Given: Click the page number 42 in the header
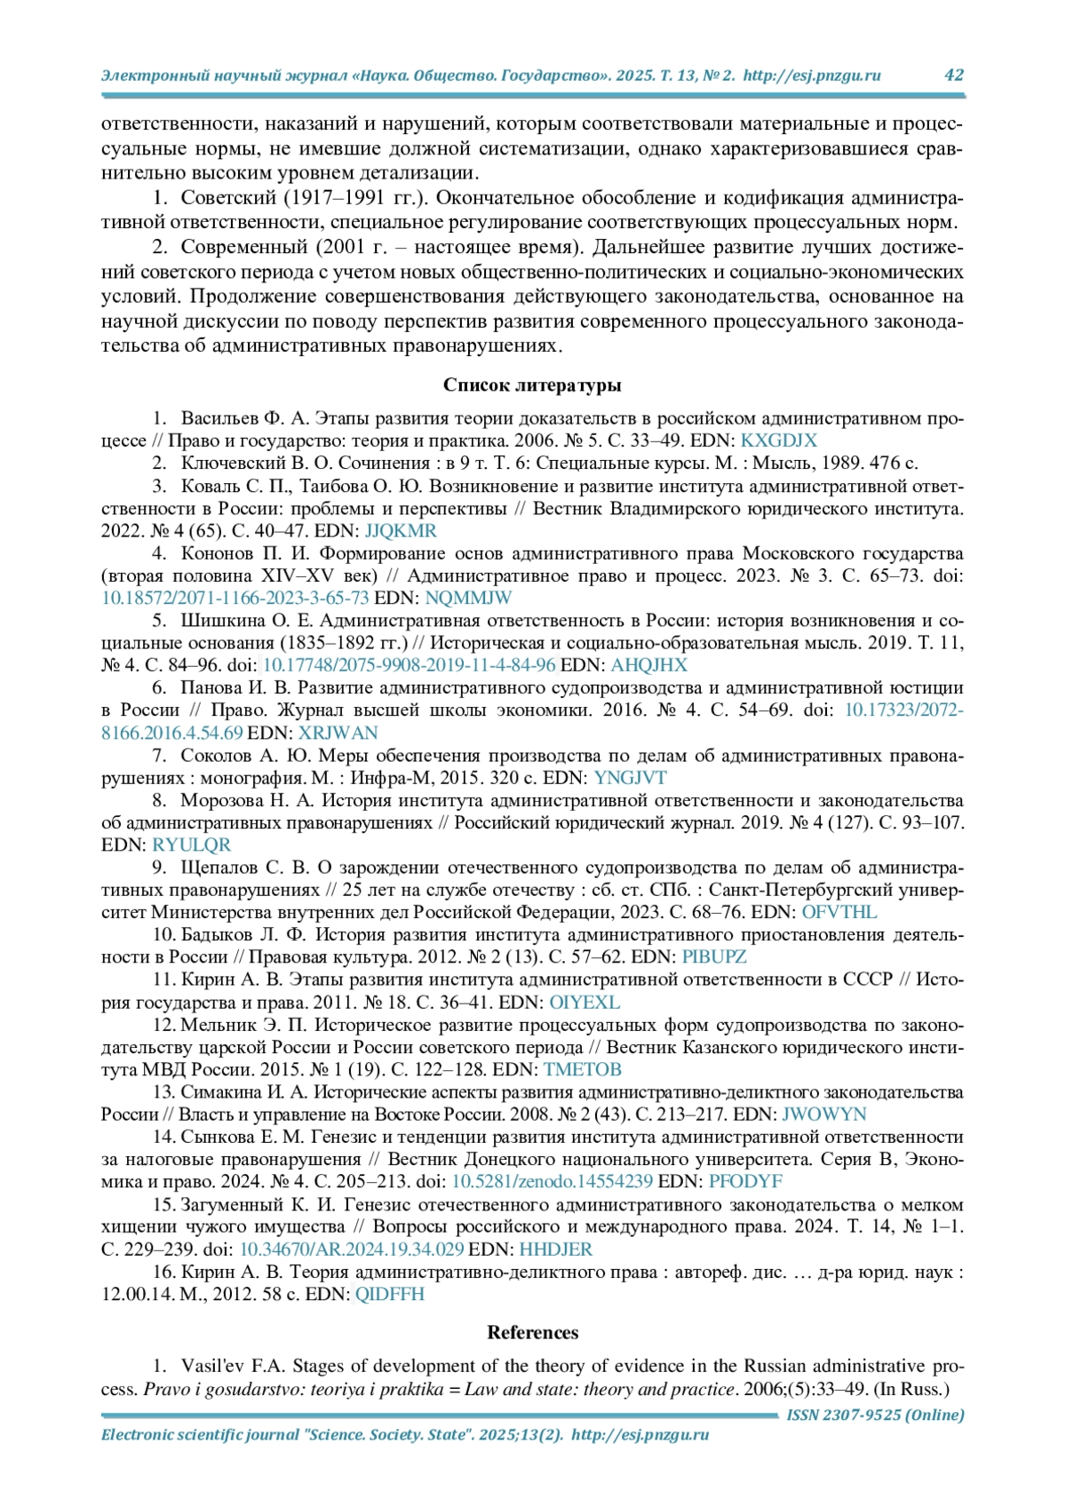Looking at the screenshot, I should click(953, 75).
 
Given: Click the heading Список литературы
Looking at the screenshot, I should click(532, 385).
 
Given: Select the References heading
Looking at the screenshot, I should click(532, 1332).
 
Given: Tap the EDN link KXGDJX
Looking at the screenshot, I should click(778, 440).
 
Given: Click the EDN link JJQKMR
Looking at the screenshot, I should click(401, 531).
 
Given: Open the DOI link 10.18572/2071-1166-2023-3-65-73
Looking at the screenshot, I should click(235, 598).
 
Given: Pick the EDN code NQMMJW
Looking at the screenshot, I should click(468, 598).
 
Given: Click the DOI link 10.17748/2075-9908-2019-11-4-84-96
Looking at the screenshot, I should click(410, 665).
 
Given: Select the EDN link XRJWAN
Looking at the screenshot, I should click(338, 733).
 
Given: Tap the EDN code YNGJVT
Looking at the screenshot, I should click(630, 778).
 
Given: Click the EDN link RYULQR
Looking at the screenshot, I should click(191, 845).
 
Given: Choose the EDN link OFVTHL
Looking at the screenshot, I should click(839, 912).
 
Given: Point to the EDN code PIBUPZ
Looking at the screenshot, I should click(713, 956).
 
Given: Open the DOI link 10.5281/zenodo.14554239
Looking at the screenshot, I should click(553, 1182).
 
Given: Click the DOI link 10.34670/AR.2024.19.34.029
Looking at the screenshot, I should click(352, 1249).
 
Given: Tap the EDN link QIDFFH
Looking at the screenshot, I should click(389, 1294).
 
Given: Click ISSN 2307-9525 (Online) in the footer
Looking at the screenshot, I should click(875, 1416).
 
